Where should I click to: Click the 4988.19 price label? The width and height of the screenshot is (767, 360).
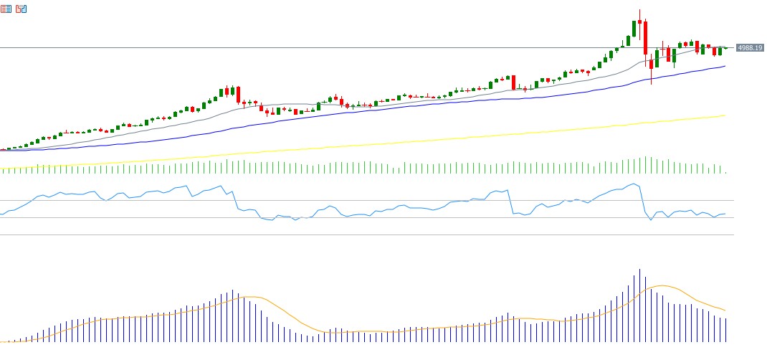pyautogui.click(x=750, y=48)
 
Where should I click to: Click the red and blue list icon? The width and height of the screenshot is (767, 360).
pyautogui.click(x=6, y=9)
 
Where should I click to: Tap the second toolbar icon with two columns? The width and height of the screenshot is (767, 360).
pyautogui.click(x=22, y=9)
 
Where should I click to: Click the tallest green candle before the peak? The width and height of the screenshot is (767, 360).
pyautogui.click(x=634, y=29)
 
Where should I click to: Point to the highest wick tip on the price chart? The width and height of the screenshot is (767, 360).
pyautogui.click(x=639, y=10)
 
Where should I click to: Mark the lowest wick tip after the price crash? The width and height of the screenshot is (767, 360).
pyautogui.click(x=651, y=84)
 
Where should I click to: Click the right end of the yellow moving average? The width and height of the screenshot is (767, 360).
pyautogui.click(x=725, y=115)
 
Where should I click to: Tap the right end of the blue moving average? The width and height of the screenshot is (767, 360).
pyautogui.click(x=725, y=66)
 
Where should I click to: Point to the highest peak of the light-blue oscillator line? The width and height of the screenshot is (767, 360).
pyautogui.click(x=633, y=184)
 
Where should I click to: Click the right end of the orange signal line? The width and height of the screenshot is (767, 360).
pyautogui.click(x=725, y=311)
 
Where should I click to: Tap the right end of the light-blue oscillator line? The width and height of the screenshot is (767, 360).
pyautogui.click(x=725, y=214)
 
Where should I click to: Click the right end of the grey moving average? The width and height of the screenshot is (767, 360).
pyautogui.click(x=725, y=47)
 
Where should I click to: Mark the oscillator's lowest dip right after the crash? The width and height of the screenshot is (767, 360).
pyautogui.click(x=651, y=219)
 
